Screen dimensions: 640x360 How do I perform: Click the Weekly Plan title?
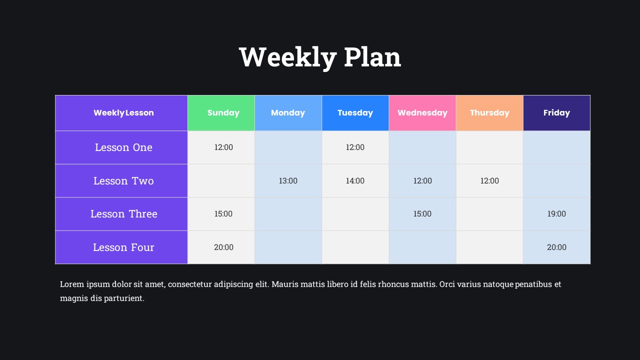pos(320,57)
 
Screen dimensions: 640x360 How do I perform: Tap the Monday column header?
pos(288,113)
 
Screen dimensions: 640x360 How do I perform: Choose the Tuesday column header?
pos(355,113)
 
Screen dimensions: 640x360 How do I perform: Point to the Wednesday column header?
pos(422,113)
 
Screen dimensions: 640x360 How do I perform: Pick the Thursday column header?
pos(489,113)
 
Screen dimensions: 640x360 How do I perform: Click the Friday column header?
pos(556,113)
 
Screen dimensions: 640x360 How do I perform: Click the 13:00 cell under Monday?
pos(288,181)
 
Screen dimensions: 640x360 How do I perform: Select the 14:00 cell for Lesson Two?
pos(355,181)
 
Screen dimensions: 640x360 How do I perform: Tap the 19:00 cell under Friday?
pos(556,213)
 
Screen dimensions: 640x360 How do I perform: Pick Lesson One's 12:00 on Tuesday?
pos(355,147)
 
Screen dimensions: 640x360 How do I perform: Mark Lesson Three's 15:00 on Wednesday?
pos(422,213)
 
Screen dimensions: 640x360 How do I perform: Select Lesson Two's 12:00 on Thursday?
pos(489,181)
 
